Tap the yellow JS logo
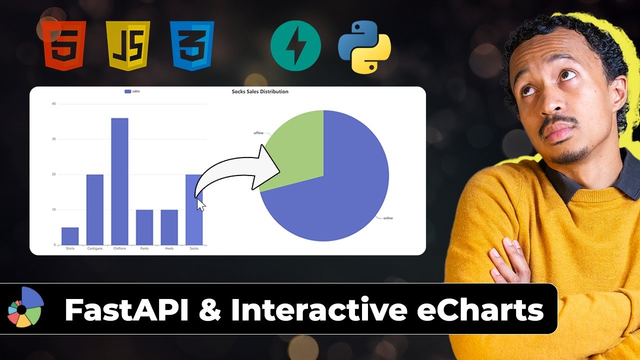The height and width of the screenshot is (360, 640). click(128, 45)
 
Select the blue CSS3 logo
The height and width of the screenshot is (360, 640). click(192, 45)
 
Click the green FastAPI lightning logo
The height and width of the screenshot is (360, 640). click(295, 46)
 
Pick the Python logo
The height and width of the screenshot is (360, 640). click(364, 46)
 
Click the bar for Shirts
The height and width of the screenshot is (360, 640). click(70, 236)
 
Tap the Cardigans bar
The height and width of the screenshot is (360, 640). click(95, 209)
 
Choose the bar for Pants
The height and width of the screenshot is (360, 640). click(144, 227)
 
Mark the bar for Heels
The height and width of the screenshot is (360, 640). click(169, 227)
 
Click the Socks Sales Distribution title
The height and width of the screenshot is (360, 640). click(260, 91)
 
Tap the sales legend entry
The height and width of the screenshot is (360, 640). click(132, 91)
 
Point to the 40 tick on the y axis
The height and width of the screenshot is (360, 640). click(53, 104)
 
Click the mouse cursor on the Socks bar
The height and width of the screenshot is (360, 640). click(200, 204)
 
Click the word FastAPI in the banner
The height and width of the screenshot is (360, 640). click(126, 310)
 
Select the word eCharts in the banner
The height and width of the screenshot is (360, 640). click(480, 310)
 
